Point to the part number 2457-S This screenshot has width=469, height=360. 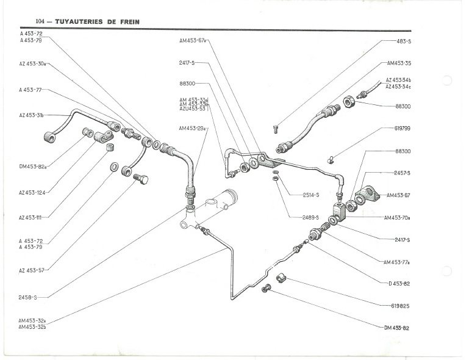[403, 173]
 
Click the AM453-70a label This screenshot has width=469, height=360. [398, 217]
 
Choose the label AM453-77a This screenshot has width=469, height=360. [396, 262]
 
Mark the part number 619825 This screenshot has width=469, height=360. [399, 305]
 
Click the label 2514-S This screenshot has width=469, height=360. [312, 195]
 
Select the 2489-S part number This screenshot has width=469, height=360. [312, 217]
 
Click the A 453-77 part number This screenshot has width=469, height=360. [30, 90]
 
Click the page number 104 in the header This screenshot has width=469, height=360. [41, 21]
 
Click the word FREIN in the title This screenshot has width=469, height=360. [126, 21]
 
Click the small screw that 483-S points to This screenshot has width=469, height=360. [276, 128]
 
